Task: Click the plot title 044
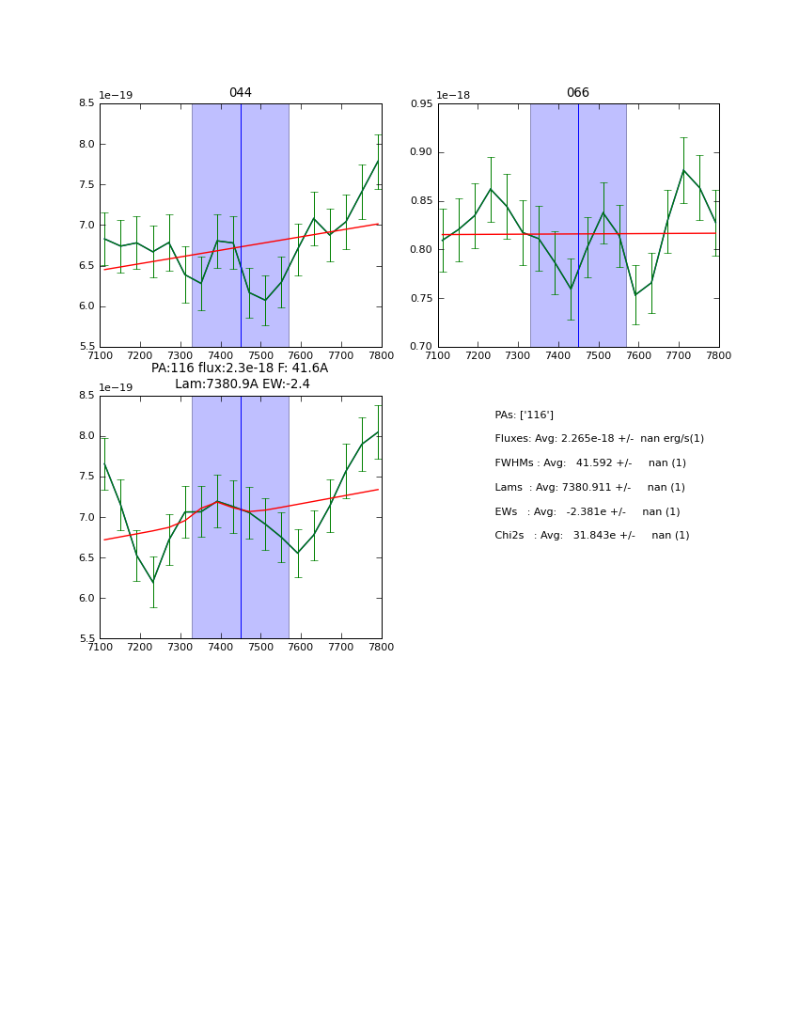tap(241, 93)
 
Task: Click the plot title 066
tap(578, 93)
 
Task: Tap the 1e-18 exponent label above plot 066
tap(453, 96)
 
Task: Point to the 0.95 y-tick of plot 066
tap(421, 104)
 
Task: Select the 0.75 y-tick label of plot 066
tap(421, 299)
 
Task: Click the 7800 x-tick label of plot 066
tap(719, 354)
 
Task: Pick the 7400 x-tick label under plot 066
tap(558, 354)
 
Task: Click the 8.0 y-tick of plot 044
tap(86, 145)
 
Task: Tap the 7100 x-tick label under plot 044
tap(100, 354)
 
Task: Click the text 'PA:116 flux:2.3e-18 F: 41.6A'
tap(240, 368)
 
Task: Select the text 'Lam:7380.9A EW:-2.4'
tap(243, 384)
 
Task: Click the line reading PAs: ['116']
tap(524, 415)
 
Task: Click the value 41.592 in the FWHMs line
tap(595, 463)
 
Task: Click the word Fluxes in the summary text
tap(512, 439)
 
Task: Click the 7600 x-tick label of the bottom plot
tap(301, 647)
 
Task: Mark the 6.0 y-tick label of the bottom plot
tap(86, 599)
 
